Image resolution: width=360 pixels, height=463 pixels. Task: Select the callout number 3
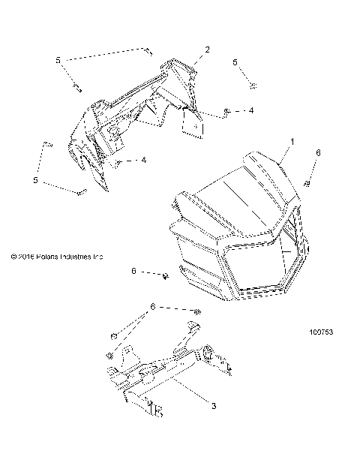(x=214, y=406)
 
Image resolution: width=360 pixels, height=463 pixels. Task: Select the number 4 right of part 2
(x=251, y=110)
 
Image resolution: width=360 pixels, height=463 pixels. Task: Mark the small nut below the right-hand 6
(x=307, y=185)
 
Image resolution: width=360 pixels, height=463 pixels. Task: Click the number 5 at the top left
(x=58, y=59)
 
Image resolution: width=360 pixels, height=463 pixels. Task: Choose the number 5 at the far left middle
(x=34, y=180)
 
